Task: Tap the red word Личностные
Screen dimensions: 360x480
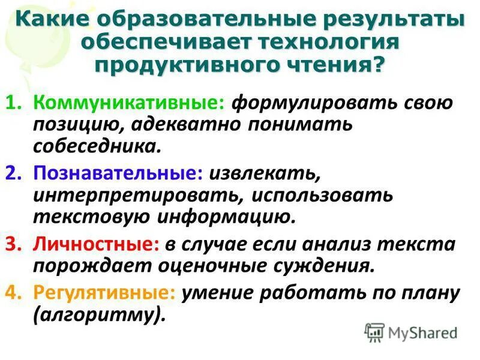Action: [98, 244]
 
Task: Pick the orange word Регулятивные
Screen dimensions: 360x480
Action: [106, 292]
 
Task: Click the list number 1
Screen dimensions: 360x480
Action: [14, 103]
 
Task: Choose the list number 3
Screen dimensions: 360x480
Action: [14, 245]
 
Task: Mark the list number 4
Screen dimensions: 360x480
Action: [14, 293]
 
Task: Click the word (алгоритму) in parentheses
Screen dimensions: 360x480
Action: [99, 314]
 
